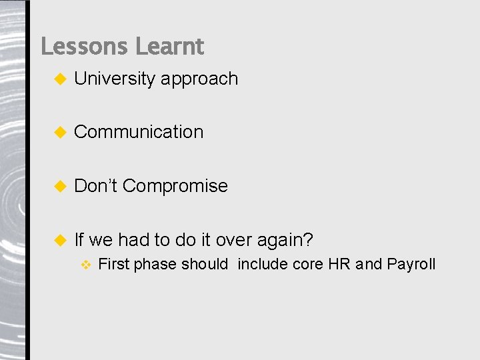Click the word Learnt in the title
(x=169, y=47)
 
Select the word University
(x=115, y=79)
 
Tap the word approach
(x=199, y=79)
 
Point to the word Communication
(x=139, y=132)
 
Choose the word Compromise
(x=175, y=186)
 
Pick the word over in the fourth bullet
(x=233, y=239)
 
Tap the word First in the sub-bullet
(x=113, y=264)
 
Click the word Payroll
(x=411, y=264)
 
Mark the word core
(x=307, y=264)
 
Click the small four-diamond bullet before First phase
(x=85, y=265)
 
